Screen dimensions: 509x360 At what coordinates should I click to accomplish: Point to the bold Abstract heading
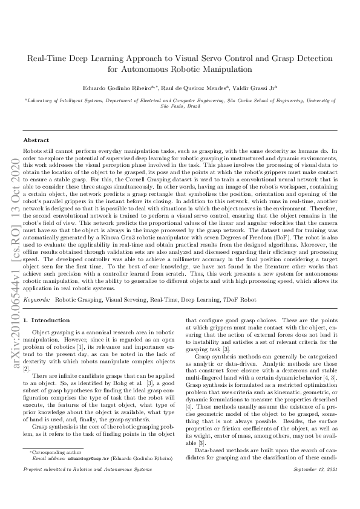coord(36,140)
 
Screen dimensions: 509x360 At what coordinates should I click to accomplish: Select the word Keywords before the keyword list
coord(36,299)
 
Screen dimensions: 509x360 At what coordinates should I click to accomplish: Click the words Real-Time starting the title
coord(45,59)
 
